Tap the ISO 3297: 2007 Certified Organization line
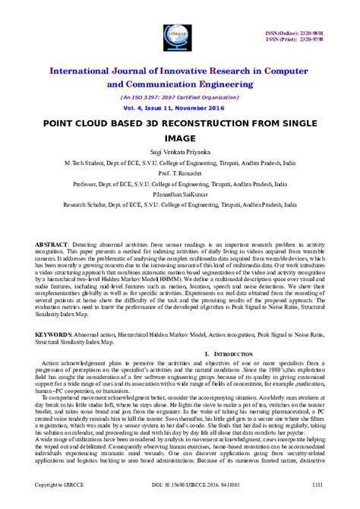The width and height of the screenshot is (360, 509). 180,98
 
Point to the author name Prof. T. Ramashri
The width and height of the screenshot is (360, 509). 180,172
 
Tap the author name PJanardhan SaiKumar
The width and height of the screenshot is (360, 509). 180,194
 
